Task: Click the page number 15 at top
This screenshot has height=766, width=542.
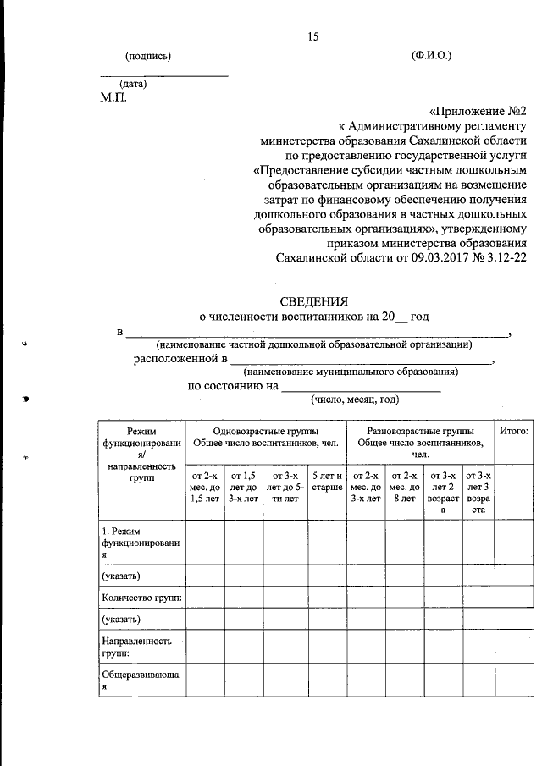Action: point(313,36)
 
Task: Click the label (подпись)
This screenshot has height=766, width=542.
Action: point(148,56)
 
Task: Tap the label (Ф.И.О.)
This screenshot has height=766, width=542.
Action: point(431,56)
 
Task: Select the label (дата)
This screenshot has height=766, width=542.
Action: point(134,84)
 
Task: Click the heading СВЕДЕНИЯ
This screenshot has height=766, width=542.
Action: point(313,300)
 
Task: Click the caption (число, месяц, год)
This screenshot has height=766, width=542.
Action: point(354,400)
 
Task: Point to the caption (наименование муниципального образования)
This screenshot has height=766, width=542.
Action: point(351,371)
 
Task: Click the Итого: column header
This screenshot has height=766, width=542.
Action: point(514,431)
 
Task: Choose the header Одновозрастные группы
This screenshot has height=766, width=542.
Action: point(265,431)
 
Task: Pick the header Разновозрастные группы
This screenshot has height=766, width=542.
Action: point(420,431)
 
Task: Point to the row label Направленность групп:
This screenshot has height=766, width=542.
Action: point(135,647)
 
